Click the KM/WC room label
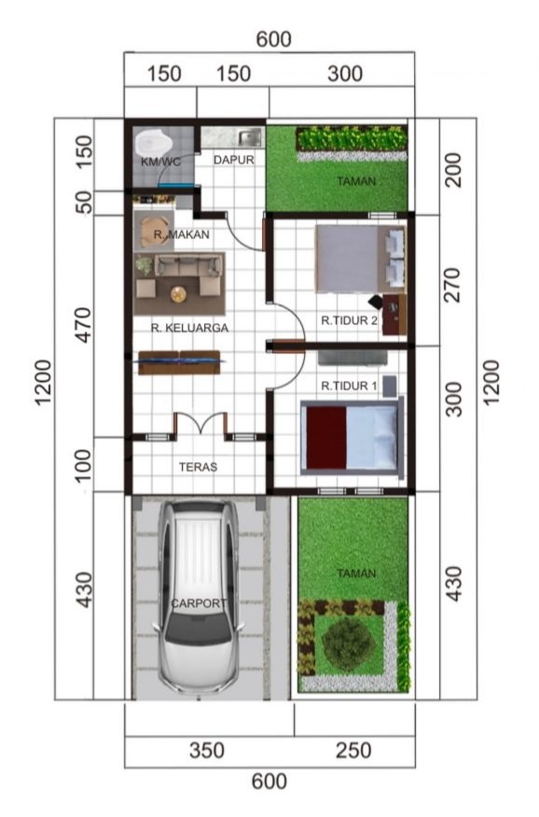click(160, 162)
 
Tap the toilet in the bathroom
click(152, 142)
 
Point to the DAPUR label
click(234, 160)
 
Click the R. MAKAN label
click(182, 234)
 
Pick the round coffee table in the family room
click(178, 295)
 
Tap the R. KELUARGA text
click(189, 328)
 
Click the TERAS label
click(199, 467)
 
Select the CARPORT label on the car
click(200, 603)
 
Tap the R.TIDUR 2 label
click(349, 320)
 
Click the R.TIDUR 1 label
click(349, 386)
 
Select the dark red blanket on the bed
click(326, 438)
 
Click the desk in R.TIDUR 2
click(394, 315)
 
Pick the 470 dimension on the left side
click(83, 326)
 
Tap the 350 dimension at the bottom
click(207, 751)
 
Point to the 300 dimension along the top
click(345, 74)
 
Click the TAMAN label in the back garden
click(356, 181)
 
